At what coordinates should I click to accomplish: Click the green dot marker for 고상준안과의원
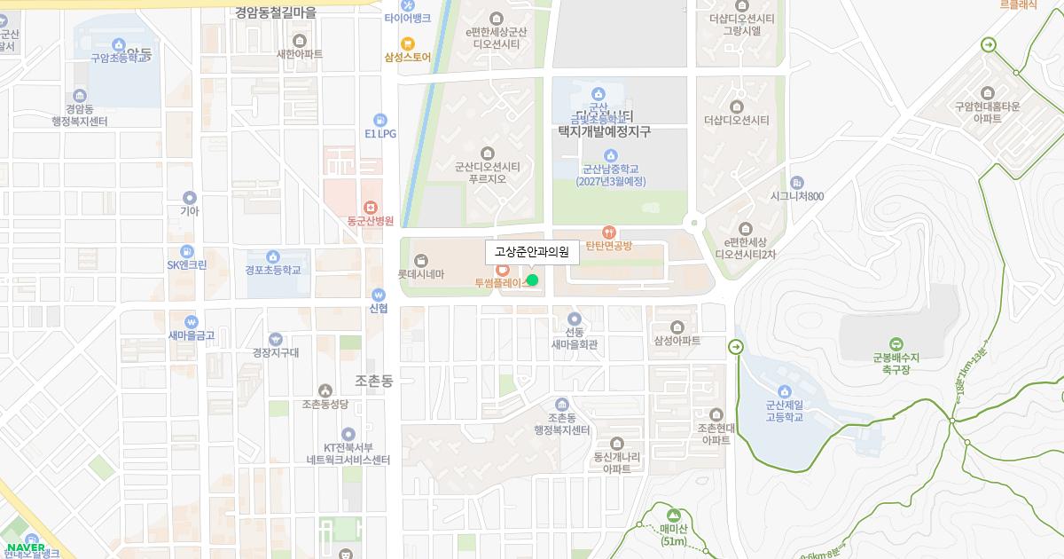532,280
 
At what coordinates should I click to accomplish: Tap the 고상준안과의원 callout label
532,252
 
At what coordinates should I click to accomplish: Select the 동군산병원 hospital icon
371,207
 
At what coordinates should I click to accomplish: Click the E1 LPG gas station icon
380,120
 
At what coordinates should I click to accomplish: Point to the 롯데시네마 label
420,275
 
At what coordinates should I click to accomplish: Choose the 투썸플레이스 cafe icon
502,270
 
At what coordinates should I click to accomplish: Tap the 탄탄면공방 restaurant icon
608,232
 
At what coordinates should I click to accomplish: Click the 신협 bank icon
379,295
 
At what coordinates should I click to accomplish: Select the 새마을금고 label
192,335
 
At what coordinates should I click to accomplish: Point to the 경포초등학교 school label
273,270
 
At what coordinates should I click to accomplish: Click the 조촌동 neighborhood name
372,381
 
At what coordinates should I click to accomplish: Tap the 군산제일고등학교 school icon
784,392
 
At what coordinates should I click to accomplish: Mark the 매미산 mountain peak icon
674,515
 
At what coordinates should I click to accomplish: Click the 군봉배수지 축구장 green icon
896,344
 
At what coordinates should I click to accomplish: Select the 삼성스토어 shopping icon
407,43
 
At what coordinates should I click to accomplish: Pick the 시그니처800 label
797,196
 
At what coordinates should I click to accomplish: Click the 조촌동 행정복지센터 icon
560,405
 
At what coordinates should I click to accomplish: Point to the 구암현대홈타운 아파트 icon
987,93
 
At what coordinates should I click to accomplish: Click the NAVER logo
25,547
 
